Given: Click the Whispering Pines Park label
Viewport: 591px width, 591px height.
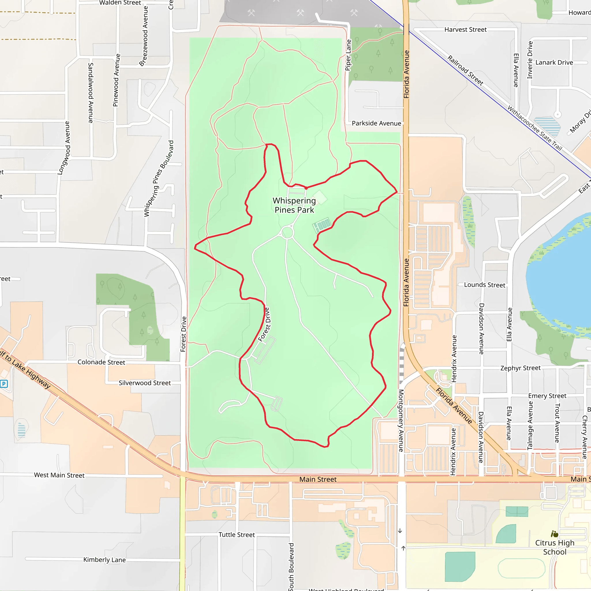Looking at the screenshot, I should tap(294, 205).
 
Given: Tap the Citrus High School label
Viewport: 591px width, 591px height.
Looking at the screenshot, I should tap(555, 547).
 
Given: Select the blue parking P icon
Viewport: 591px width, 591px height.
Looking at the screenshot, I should tap(4, 384).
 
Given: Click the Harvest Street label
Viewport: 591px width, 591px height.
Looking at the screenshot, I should tap(465, 30).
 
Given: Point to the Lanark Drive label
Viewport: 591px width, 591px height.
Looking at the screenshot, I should tap(554, 62).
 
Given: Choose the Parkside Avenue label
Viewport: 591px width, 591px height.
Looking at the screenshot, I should tap(376, 123).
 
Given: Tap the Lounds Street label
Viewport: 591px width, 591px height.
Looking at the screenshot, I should tap(485, 285).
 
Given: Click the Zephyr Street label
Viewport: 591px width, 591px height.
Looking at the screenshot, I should tap(520, 368).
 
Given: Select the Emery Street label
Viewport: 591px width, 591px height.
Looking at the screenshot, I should tap(547, 396).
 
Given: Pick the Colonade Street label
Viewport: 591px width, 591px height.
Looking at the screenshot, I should tap(101, 362).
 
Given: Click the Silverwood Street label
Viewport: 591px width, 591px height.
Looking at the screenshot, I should tap(145, 383).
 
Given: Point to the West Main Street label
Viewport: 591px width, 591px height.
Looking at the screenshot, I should tap(59, 475).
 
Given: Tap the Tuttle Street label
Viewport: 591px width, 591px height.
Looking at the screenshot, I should tap(236, 535).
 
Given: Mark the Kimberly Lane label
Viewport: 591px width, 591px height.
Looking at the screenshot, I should tap(104, 560).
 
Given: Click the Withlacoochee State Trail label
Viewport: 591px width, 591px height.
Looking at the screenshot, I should tap(535, 128).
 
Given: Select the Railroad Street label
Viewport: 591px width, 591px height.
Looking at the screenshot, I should tap(465, 70).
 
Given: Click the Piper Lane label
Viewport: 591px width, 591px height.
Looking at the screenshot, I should tap(348, 55).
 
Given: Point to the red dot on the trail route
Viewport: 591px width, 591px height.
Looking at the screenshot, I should tap(306, 188).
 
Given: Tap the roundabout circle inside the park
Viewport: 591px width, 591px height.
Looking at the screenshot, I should tap(287, 233).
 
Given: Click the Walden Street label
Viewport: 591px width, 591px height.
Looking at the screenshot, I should tap(120, 3).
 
